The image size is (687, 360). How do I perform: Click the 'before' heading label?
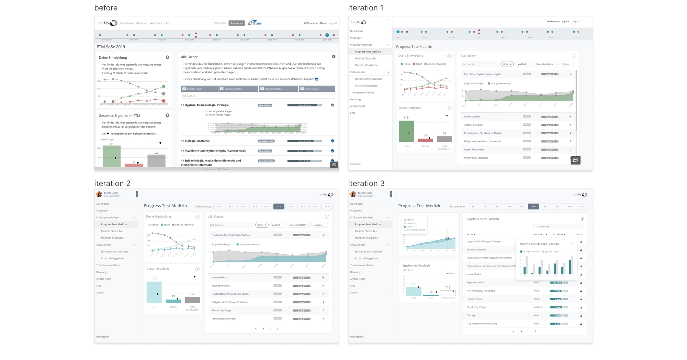[x=106, y=8]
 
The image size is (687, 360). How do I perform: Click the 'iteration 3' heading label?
[x=366, y=183]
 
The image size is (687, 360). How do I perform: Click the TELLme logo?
[x=255, y=23]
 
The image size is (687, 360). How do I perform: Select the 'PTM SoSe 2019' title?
[x=111, y=47]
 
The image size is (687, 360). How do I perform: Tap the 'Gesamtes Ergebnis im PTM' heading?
[x=119, y=116]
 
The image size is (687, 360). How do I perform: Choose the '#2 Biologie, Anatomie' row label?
[x=195, y=141]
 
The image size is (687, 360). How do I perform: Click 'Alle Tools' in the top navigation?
[x=156, y=23]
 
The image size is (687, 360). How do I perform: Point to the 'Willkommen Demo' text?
[x=315, y=23]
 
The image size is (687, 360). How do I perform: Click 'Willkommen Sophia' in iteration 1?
[x=558, y=22]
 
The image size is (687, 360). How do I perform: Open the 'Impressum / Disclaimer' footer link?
[x=216, y=169]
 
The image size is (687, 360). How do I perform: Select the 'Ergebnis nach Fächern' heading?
[x=482, y=219]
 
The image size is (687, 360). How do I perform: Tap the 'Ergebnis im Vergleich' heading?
[x=416, y=266]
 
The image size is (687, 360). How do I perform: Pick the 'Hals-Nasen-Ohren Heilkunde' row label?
[x=482, y=324]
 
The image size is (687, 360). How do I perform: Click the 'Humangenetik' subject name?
[x=474, y=299]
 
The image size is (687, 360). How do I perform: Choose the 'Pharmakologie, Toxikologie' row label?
[x=481, y=291]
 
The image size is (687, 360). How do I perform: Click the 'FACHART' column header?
[x=539, y=235]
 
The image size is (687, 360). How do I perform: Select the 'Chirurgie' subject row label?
[x=471, y=315]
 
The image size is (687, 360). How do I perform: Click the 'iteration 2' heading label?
[x=112, y=183]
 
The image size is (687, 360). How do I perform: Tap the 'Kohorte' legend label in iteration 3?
[x=451, y=273]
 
